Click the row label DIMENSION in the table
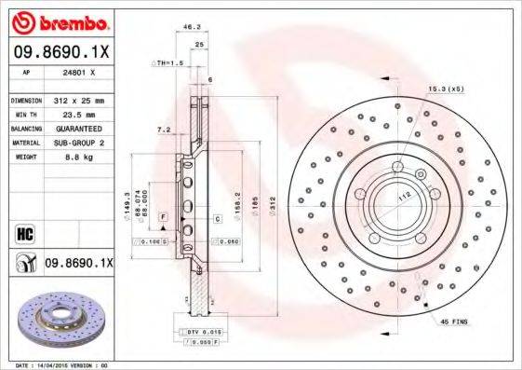tap(26, 99)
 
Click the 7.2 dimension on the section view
tap(163, 130)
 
